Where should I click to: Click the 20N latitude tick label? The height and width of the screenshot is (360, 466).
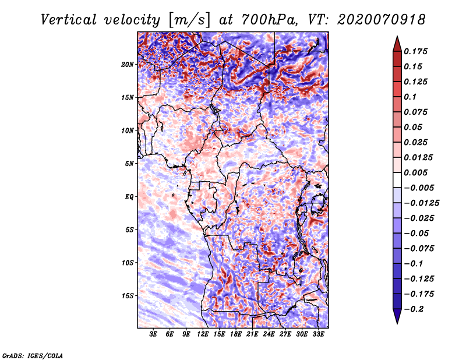(128, 64)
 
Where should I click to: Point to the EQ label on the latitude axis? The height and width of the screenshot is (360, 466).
(129, 196)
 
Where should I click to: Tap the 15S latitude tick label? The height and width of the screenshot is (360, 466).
(128, 295)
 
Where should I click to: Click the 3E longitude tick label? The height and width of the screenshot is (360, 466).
(154, 334)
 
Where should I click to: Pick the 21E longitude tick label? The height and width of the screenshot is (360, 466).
(252, 334)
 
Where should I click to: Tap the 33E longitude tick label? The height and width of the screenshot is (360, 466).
(318, 334)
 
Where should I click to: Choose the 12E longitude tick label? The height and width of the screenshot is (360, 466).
(203, 334)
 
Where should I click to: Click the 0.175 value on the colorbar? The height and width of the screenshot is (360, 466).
(418, 51)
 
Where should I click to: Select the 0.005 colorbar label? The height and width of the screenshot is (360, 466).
(418, 172)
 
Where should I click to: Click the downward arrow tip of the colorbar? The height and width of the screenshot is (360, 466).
(397, 322)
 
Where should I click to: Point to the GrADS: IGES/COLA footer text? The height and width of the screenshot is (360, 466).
(33, 354)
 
